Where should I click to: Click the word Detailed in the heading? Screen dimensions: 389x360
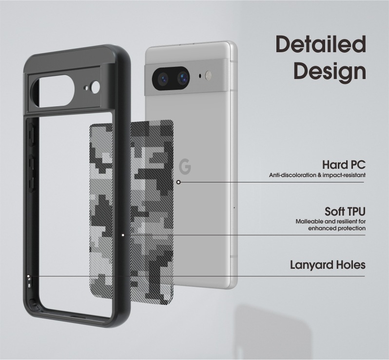320,45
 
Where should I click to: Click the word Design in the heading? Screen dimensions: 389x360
330,71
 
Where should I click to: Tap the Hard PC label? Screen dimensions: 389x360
344,165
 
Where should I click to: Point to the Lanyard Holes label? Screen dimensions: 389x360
328,265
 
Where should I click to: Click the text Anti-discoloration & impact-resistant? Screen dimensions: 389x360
317,175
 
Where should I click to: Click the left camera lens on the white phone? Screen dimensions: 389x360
162,77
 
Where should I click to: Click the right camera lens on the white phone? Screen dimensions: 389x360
182,77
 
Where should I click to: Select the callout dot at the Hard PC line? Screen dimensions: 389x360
178,182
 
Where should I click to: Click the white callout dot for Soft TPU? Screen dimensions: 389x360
123,235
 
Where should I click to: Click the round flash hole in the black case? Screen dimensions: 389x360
95,87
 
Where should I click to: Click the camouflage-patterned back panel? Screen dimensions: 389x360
132,210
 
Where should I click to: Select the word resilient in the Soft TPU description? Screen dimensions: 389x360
347,221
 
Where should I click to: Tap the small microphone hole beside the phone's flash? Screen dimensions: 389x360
201,76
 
